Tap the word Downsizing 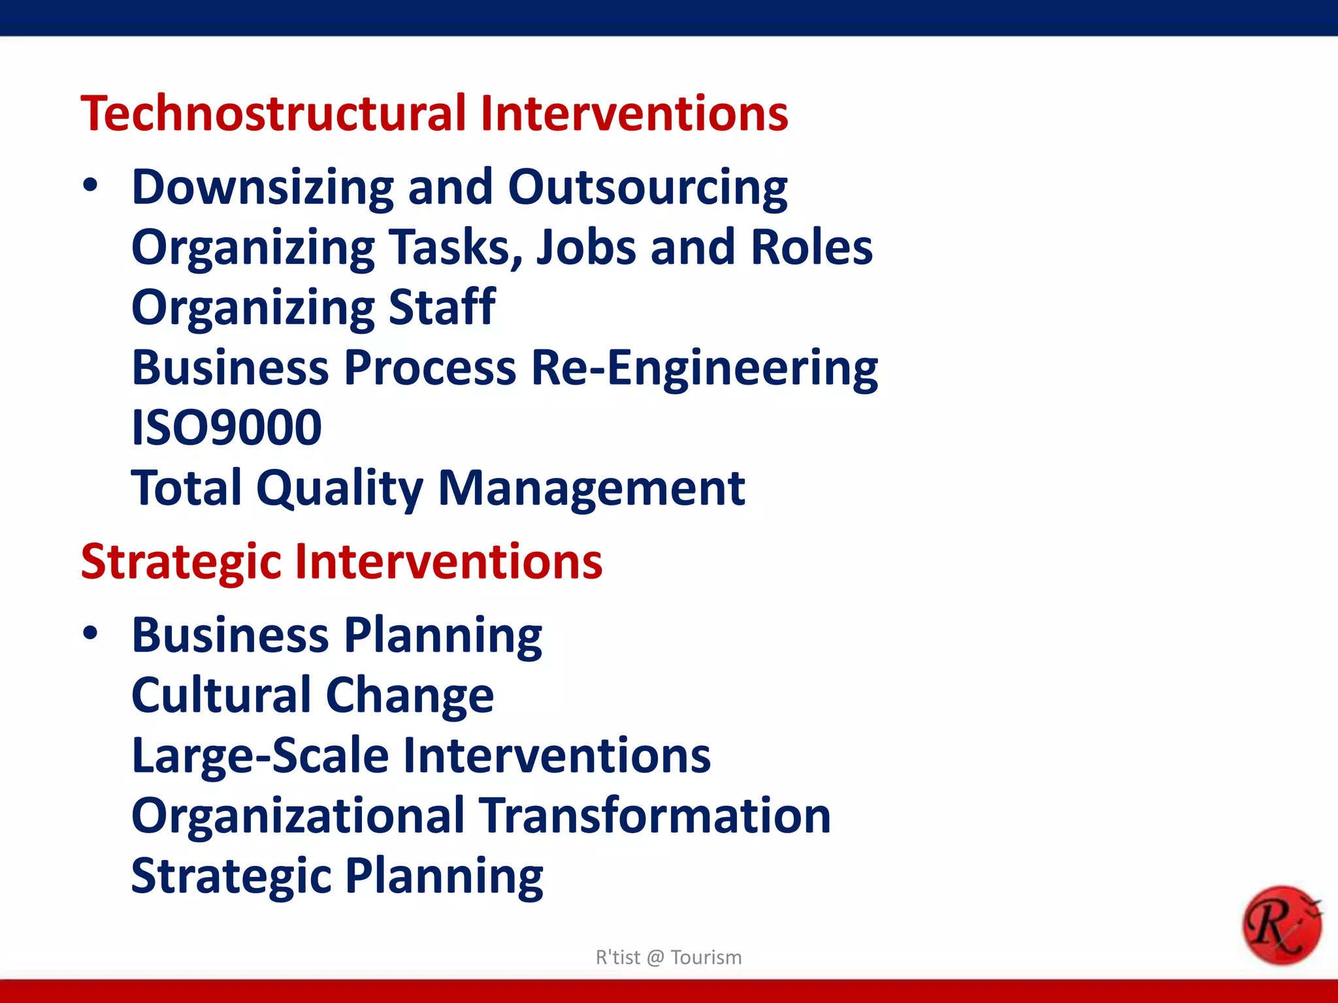(263, 188)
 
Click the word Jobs (585, 248)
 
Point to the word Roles (811, 248)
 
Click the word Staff (442, 308)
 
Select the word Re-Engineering (704, 368)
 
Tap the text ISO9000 (226, 428)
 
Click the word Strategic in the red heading (181, 563)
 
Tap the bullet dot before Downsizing (90, 186)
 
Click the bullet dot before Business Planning (90, 633)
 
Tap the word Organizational (298, 816)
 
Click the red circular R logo (1281, 925)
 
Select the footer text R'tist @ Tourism (668, 957)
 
